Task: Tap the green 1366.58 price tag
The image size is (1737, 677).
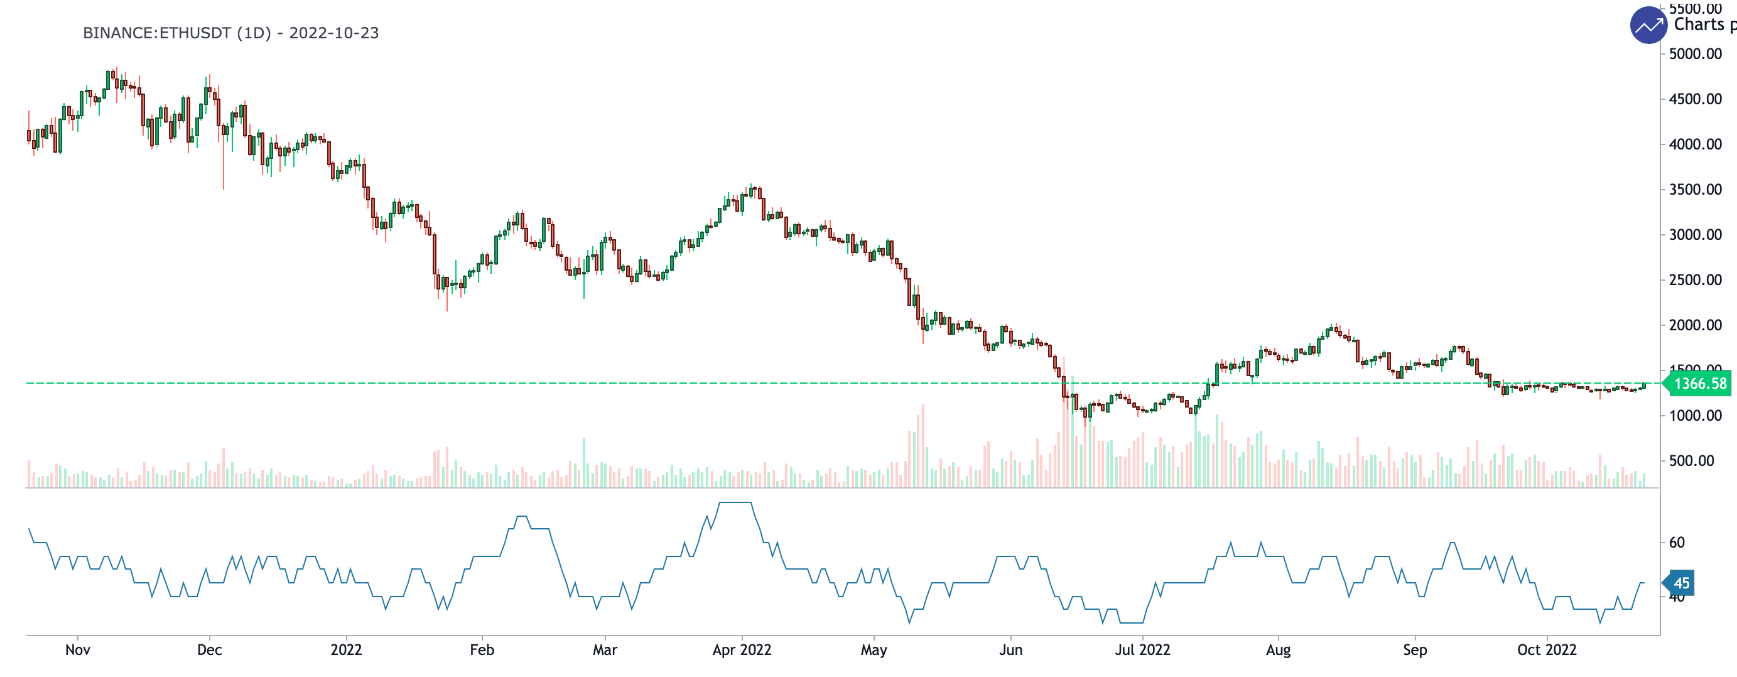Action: (x=1699, y=384)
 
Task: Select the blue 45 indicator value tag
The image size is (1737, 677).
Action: (x=1680, y=583)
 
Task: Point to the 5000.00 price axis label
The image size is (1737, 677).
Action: (x=1695, y=54)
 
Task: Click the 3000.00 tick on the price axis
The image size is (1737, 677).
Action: (x=1695, y=235)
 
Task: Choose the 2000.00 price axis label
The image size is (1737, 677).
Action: (x=1695, y=325)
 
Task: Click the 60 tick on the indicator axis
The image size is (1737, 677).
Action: (x=1676, y=542)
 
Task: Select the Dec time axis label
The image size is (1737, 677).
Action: (x=209, y=650)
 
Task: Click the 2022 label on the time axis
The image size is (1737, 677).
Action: (x=346, y=650)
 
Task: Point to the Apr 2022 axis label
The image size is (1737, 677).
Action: (x=742, y=650)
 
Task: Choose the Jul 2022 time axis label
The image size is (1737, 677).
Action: (x=1142, y=650)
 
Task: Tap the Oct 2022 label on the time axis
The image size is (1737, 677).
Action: (x=1547, y=650)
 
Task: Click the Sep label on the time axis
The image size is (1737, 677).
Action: (x=1415, y=650)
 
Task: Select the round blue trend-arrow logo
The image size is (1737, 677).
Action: (x=1648, y=26)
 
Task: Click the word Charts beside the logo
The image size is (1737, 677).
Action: (x=1699, y=25)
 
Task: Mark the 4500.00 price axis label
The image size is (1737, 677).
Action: (x=1695, y=99)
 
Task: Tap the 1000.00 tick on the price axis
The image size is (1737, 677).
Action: (x=1695, y=415)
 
